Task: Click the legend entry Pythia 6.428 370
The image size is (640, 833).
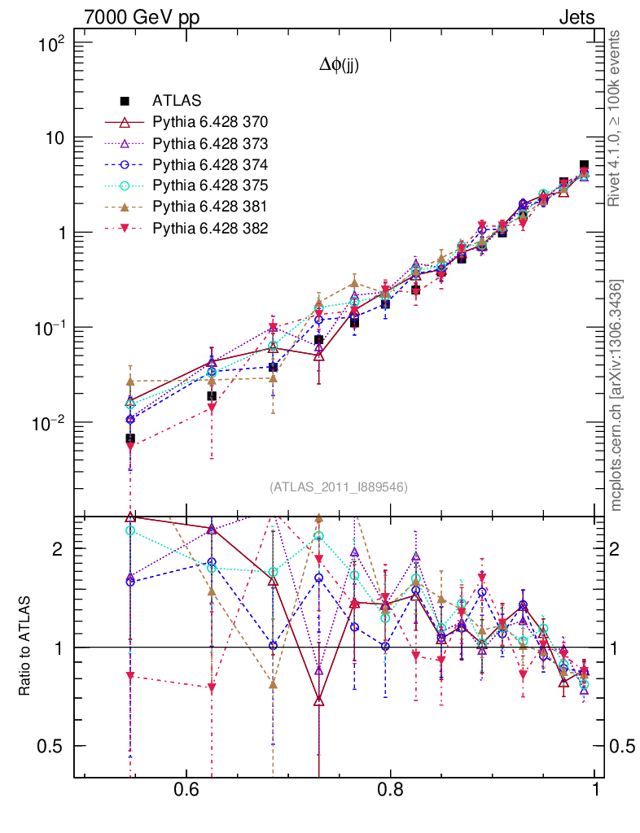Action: tap(210, 122)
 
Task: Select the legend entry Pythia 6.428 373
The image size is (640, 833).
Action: tap(210, 143)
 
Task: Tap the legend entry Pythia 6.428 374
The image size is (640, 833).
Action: tap(210, 164)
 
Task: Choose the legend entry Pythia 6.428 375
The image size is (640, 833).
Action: tap(210, 185)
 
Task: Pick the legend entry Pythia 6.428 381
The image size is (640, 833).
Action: tap(210, 207)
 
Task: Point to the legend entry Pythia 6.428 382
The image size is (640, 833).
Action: tap(210, 228)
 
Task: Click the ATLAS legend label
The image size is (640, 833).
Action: tap(171, 101)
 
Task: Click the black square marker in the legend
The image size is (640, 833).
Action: tap(125, 101)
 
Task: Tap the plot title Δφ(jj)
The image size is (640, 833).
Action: tap(339, 66)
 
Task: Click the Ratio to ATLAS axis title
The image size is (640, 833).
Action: tap(25, 647)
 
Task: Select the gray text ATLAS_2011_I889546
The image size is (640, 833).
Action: tap(338, 486)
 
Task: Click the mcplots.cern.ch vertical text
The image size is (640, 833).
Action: tap(616, 395)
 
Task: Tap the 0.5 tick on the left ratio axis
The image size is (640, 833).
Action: tap(57, 746)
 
